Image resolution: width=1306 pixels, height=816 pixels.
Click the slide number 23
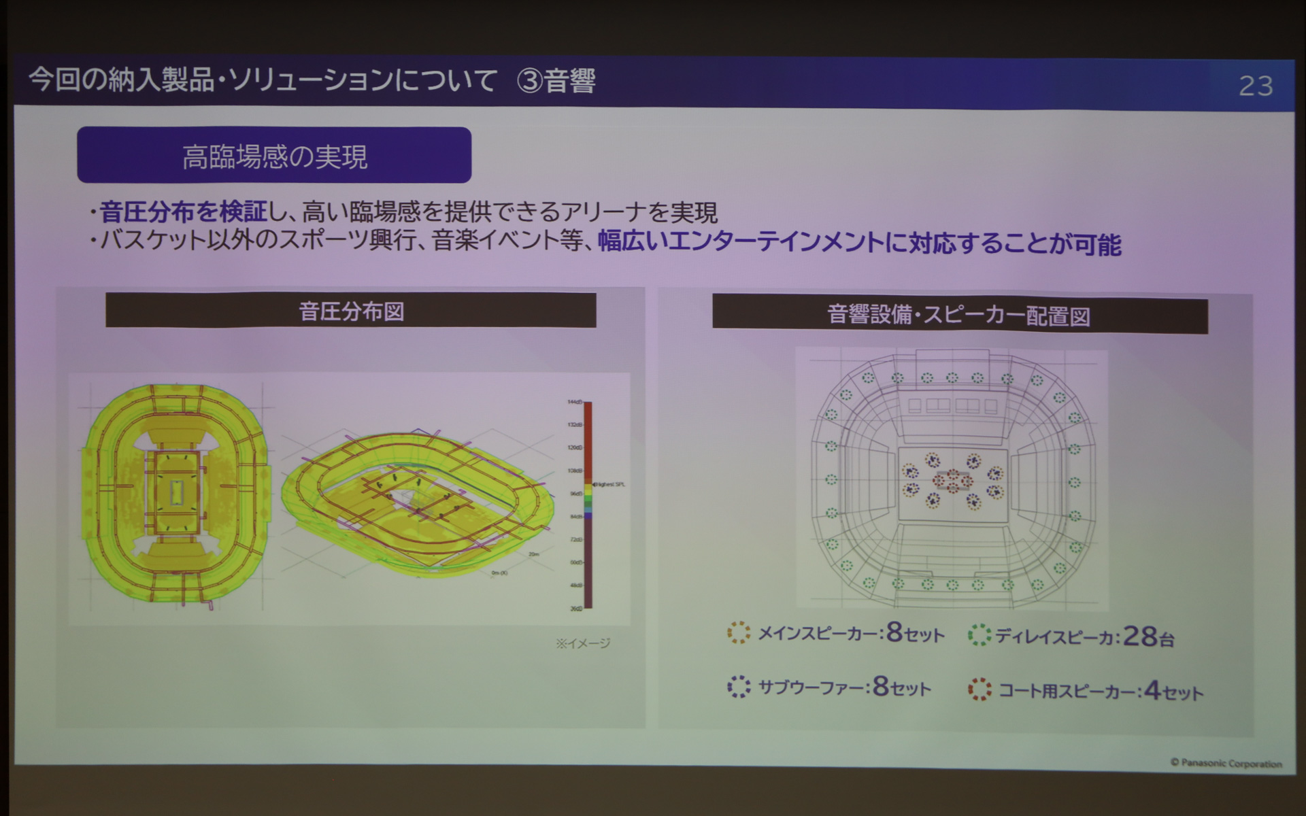pos(1255,86)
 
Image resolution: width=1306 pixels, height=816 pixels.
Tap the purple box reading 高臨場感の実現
pos(274,155)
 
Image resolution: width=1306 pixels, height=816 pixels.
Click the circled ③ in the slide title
pos(529,81)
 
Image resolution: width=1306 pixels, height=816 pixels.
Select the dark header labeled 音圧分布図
pos(351,311)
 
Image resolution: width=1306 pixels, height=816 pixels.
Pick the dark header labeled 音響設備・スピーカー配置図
pos(959,316)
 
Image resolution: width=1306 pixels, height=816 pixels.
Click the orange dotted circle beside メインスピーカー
pos(738,632)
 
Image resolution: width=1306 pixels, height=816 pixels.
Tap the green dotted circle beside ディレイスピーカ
pos(979,634)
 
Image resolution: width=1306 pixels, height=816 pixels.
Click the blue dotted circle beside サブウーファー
pos(738,686)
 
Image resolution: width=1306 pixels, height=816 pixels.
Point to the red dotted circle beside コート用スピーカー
pos(979,690)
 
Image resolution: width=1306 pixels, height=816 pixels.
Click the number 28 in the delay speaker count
pos(1139,636)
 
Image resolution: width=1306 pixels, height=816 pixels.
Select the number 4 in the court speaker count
pos(1152,690)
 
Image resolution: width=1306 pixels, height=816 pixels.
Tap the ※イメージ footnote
pos(583,643)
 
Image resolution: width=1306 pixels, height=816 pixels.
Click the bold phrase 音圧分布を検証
pos(184,212)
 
